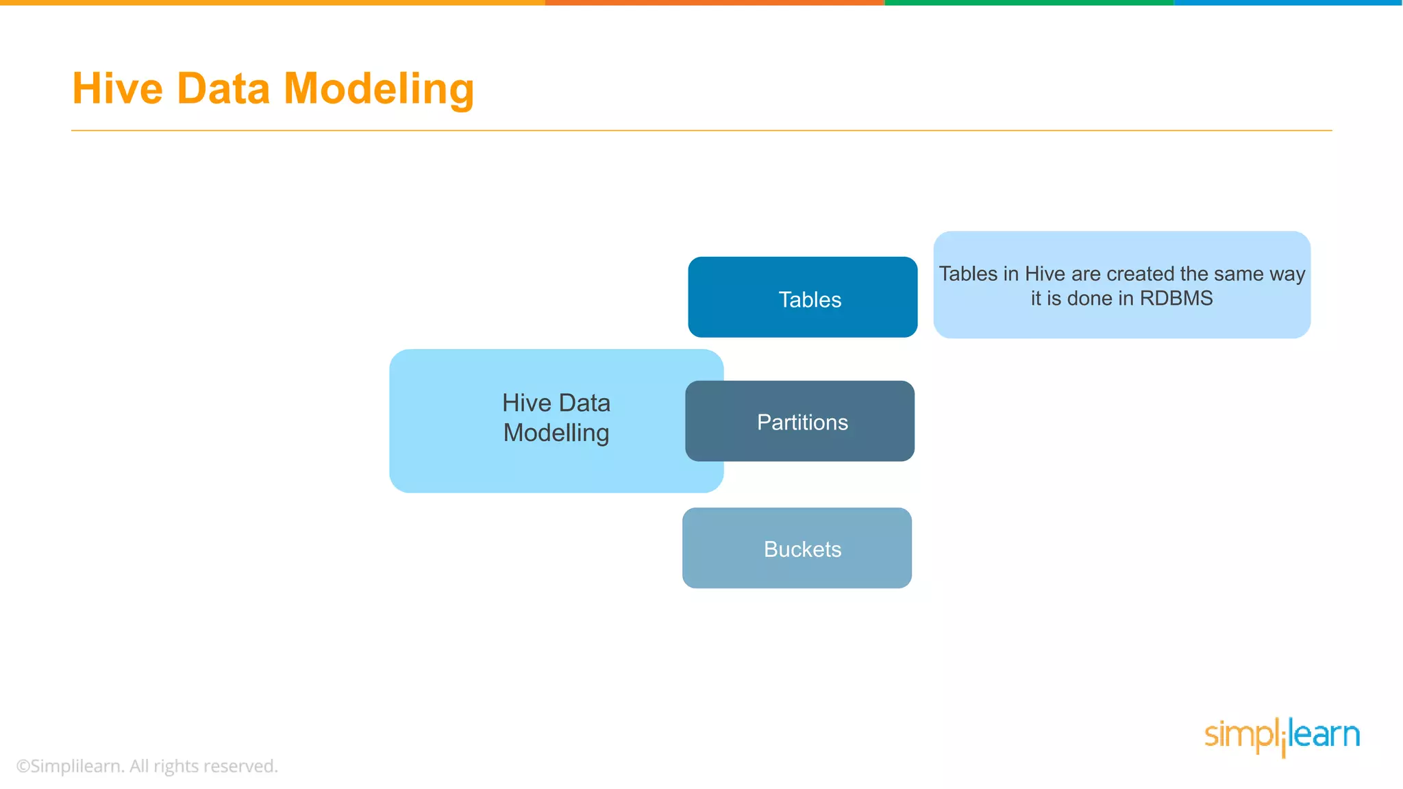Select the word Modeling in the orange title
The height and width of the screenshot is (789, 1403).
tap(379, 90)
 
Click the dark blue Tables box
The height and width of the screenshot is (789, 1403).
tap(802, 297)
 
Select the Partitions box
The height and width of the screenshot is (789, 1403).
tap(799, 421)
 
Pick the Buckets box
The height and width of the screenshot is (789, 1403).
tap(797, 548)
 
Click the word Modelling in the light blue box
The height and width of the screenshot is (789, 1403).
tap(556, 433)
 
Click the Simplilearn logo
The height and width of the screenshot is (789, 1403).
tap(1282, 736)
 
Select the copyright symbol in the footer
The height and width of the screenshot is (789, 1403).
tap(23, 766)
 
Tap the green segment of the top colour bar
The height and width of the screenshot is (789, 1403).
tap(1029, 3)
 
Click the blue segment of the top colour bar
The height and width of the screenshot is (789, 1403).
tap(1288, 3)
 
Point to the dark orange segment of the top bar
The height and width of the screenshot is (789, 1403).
tap(715, 3)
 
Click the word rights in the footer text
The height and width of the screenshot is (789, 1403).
tap(176, 766)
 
